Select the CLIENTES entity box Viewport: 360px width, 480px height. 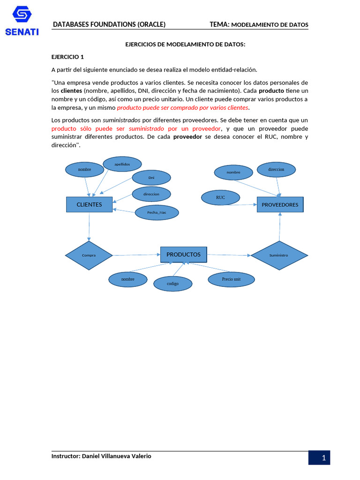point(89,204)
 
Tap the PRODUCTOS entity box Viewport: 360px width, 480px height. point(183,255)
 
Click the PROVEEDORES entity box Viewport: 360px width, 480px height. point(280,204)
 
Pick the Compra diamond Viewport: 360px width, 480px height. point(89,255)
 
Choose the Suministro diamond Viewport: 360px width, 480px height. point(279,255)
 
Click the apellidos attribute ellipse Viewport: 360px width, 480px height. point(122,164)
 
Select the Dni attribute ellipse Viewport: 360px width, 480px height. point(151,178)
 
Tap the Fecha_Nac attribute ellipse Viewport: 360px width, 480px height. point(157,212)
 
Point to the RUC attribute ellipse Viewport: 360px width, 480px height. point(220,197)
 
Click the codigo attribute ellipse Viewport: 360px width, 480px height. point(172,284)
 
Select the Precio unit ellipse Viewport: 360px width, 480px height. point(231,279)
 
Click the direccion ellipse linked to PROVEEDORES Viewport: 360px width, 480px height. point(277,169)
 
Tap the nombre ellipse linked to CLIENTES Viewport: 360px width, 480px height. point(84,169)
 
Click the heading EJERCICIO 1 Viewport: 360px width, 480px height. point(67,57)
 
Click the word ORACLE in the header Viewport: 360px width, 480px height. point(151,24)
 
